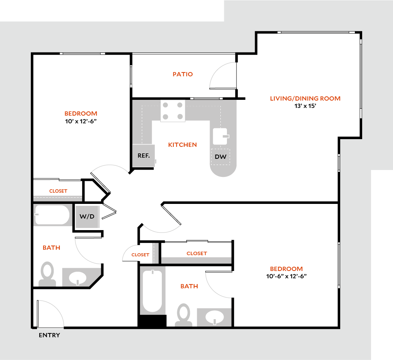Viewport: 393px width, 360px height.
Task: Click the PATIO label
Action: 183,74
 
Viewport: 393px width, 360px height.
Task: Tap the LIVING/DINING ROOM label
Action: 305,99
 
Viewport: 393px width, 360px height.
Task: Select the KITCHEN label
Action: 183,145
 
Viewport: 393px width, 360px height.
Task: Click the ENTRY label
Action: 49,335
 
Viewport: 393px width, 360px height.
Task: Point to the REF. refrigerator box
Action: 144,156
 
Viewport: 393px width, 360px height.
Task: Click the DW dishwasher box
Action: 220,157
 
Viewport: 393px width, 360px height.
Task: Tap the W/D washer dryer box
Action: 87,217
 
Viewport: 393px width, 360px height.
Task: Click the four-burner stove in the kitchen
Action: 173,111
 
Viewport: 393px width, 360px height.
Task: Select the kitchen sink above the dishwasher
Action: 221,136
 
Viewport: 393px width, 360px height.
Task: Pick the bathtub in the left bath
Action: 52,215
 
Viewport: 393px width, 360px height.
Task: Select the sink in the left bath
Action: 78,278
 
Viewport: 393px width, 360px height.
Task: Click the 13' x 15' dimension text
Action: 305,106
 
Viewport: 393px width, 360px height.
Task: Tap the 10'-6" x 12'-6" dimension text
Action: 286,276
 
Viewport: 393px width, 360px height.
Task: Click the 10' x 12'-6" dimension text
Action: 81,121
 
